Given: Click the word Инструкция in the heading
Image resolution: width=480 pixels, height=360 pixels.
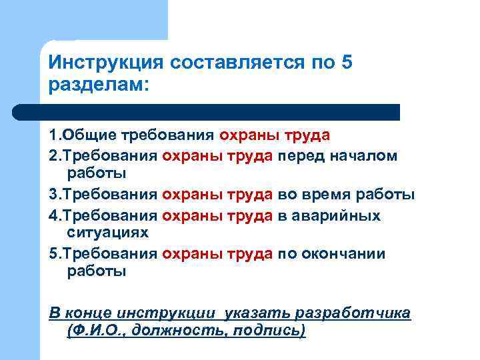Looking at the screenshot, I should (x=106, y=63).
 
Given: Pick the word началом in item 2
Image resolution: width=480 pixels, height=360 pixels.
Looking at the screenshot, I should (x=368, y=156).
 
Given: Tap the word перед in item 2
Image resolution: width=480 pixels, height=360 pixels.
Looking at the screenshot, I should (x=303, y=156).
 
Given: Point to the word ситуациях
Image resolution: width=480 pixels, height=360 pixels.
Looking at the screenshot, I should (x=108, y=233).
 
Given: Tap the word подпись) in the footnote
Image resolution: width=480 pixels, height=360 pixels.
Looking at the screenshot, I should (x=269, y=331).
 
